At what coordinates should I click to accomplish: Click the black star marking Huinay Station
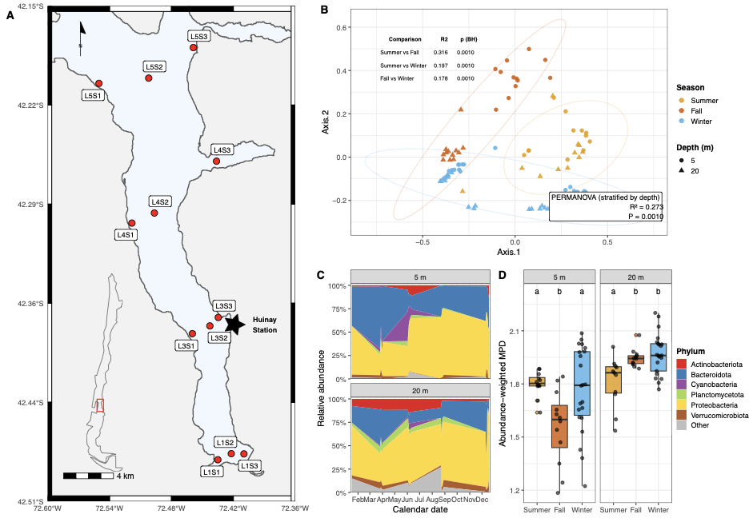[x=234, y=323]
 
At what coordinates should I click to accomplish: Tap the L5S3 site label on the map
[x=199, y=37]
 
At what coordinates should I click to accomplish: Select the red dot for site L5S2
[x=149, y=78]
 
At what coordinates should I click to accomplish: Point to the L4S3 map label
[x=222, y=149]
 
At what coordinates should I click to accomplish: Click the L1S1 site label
[x=211, y=472]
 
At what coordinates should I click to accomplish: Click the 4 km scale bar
[x=88, y=475]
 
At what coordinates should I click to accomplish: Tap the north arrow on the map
[x=81, y=33]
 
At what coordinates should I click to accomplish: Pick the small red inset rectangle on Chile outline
[x=99, y=405]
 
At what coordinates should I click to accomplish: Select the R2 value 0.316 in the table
[x=442, y=52]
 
